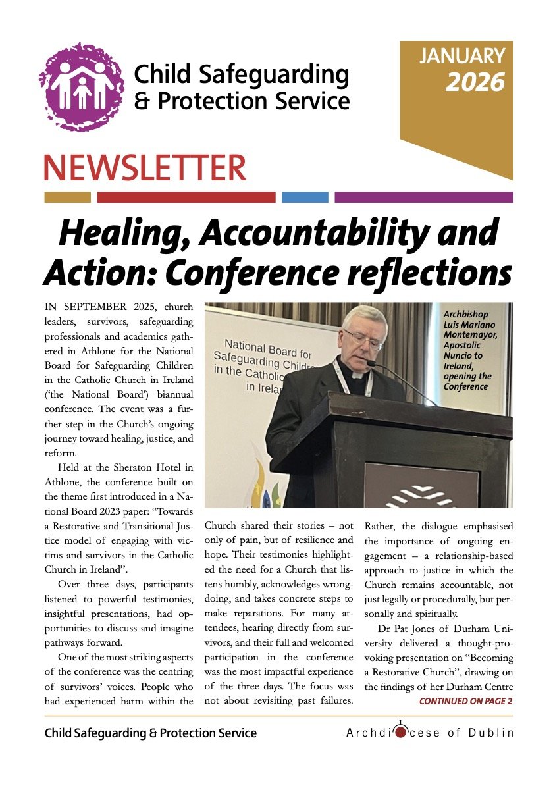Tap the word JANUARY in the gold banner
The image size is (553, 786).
(x=462, y=56)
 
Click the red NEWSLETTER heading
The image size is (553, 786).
(x=145, y=168)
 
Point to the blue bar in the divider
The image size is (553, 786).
(x=305, y=197)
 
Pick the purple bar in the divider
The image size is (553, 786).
(x=423, y=197)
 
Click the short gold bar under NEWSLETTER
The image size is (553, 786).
(x=67, y=197)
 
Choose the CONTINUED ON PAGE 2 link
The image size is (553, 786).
(x=465, y=701)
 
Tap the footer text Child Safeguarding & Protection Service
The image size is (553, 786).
(x=151, y=733)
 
